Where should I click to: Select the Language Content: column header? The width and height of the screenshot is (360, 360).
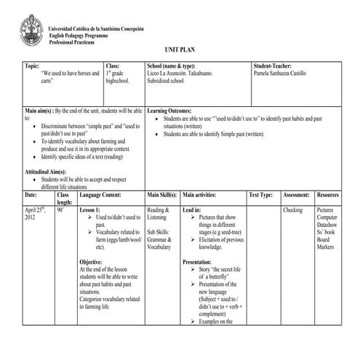pyautogui.click(x=101, y=195)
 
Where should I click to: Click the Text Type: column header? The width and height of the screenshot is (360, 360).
pyautogui.click(x=260, y=195)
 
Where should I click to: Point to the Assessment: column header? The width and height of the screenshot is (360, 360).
pyautogui.click(x=296, y=195)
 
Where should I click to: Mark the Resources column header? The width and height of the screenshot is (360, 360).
pyautogui.click(x=328, y=195)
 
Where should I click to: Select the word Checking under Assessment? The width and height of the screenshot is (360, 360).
pyautogui.click(x=292, y=209)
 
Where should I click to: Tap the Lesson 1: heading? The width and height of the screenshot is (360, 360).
pyautogui.click(x=91, y=209)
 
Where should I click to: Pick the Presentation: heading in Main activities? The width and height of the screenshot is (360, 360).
pyautogui.click(x=197, y=261)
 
